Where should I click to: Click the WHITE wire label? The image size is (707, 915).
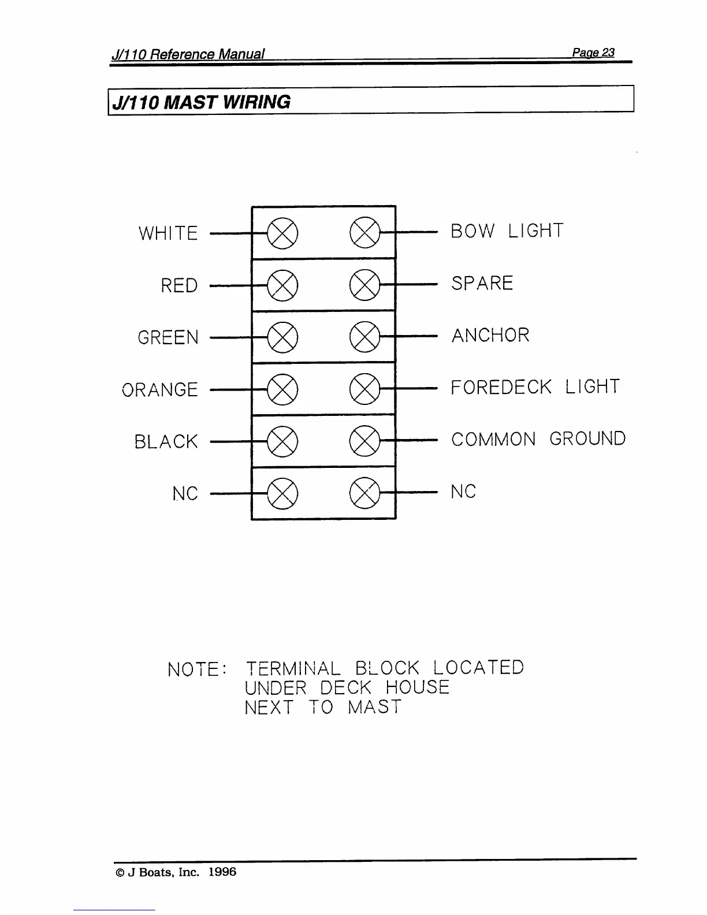[x=168, y=233]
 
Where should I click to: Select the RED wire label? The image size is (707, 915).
[x=179, y=285]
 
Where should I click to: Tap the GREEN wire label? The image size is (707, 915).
[x=168, y=337]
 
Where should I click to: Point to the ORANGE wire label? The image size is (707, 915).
[x=160, y=390]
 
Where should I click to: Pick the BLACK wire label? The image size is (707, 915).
[x=166, y=442]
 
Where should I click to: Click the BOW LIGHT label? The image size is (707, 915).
[x=507, y=231]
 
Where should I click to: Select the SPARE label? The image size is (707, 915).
[x=482, y=283]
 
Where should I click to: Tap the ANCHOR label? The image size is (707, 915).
[x=490, y=335]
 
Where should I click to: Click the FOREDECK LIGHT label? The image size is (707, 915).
[x=535, y=387]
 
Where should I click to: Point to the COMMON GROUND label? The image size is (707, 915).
[x=538, y=439]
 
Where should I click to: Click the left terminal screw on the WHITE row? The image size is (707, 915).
[x=283, y=233]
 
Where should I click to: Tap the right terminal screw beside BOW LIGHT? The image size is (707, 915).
[x=365, y=233]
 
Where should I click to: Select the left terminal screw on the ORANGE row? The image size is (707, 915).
[x=283, y=389]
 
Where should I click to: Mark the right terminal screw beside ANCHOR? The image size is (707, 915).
[x=365, y=337]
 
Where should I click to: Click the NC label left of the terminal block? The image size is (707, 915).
[x=185, y=494]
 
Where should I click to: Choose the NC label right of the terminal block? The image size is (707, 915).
[x=463, y=492]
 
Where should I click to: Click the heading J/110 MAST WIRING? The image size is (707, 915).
[x=202, y=102]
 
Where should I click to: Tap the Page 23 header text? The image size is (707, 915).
[x=593, y=53]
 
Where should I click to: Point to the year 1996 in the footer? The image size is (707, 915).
[x=222, y=872]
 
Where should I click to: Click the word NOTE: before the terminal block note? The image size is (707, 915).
[x=196, y=669]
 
